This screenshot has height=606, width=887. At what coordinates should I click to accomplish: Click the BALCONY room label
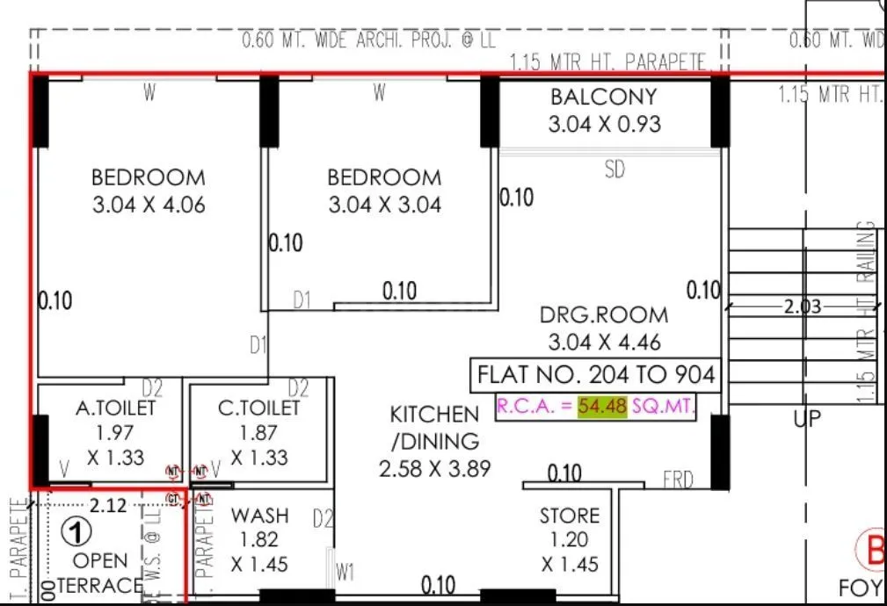(x=603, y=97)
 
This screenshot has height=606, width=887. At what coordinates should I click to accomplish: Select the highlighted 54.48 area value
(x=602, y=407)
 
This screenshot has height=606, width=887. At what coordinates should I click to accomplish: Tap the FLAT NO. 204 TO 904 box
(x=596, y=376)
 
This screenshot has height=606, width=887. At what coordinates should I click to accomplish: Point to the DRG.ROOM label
(x=603, y=314)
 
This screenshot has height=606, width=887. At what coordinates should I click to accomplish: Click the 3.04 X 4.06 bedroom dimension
(x=148, y=206)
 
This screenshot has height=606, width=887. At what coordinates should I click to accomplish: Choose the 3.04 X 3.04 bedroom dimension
(x=384, y=206)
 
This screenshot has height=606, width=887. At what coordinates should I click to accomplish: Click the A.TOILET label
(x=115, y=408)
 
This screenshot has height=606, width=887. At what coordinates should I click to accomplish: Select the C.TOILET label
(x=258, y=408)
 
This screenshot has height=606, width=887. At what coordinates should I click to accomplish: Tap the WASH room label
(x=259, y=516)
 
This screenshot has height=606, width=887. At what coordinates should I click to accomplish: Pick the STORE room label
(x=570, y=516)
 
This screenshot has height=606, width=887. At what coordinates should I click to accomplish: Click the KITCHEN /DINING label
(x=435, y=428)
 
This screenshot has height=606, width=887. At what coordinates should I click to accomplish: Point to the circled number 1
(x=80, y=532)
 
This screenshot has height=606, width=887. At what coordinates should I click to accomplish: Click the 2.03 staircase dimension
(x=802, y=307)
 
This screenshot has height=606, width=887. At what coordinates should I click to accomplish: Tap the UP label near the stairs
(x=807, y=419)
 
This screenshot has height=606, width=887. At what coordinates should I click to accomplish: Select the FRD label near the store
(x=678, y=480)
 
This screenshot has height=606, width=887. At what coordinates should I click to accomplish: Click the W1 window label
(x=345, y=573)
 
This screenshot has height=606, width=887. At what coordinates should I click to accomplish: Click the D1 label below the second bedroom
(x=302, y=301)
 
